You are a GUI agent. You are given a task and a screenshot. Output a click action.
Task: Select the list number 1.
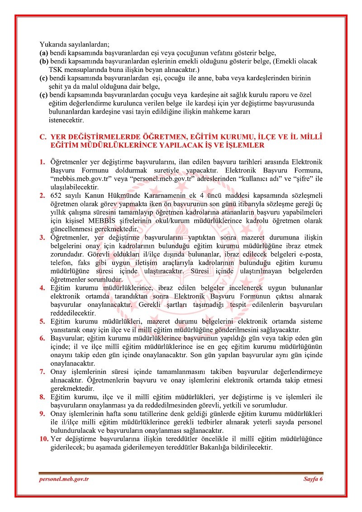42,162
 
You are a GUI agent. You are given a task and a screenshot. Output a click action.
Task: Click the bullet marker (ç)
43,95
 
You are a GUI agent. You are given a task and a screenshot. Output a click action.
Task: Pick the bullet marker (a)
43,53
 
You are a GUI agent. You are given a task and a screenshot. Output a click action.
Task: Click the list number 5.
42,321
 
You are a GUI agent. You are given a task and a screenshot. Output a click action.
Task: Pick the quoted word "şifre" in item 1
303,178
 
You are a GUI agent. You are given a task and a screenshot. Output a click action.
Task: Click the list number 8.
42,397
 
